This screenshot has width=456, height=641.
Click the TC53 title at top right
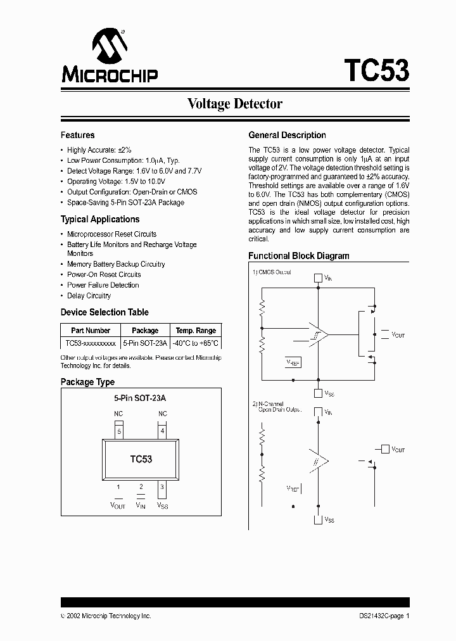tap(376, 70)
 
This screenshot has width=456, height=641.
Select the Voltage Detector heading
tap(234, 103)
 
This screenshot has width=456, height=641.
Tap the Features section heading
tap(77, 135)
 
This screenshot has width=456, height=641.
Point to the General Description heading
tap(287, 135)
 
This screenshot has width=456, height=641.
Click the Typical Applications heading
tap(99, 219)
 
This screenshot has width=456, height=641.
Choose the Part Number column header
tap(91, 331)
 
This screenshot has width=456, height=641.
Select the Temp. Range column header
tap(196, 331)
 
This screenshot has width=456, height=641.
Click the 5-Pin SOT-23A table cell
tap(145, 343)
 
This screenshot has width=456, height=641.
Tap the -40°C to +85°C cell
tap(196, 343)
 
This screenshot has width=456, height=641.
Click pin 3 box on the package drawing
tap(163, 486)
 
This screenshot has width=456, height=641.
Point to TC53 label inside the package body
tap(141, 459)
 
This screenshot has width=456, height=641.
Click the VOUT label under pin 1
tap(118, 505)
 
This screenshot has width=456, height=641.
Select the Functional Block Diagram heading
tap(298, 256)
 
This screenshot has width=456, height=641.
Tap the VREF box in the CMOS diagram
tap(293, 363)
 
